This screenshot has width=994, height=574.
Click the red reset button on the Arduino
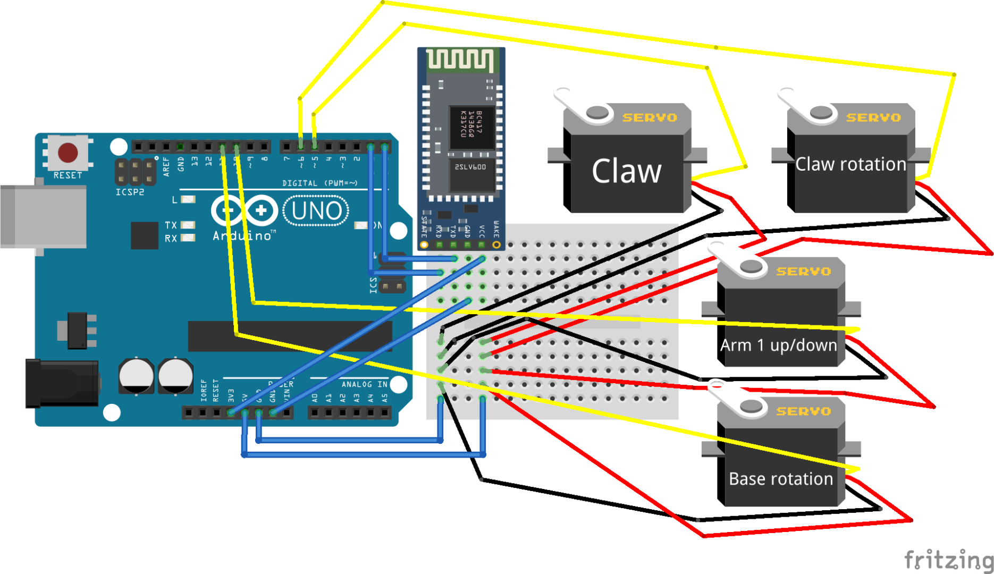tap(68, 153)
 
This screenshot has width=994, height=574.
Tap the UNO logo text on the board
tap(316, 211)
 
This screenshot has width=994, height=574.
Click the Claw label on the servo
tap(626, 172)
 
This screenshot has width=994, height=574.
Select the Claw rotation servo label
tap(850, 164)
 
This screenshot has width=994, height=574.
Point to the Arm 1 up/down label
tap(778, 345)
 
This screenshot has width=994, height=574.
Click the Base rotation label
tap(780, 479)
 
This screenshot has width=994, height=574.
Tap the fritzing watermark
tap(948, 560)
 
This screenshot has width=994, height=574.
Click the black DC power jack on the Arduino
tap(61, 383)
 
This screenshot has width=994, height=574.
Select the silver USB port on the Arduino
tap(43, 216)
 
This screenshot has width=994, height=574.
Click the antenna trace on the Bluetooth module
tap(460, 60)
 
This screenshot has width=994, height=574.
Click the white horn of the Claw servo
tap(579, 106)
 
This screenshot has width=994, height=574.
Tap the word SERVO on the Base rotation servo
tap(803, 411)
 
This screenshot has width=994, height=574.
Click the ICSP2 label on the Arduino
tap(130, 192)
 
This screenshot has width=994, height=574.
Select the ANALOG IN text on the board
tap(364, 384)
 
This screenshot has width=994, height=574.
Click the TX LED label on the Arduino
tap(171, 225)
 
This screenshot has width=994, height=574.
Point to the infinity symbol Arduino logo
tap(245, 210)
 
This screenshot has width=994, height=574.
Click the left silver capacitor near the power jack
tap(136, 376)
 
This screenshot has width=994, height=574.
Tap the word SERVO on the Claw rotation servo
tap(873, 117)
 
